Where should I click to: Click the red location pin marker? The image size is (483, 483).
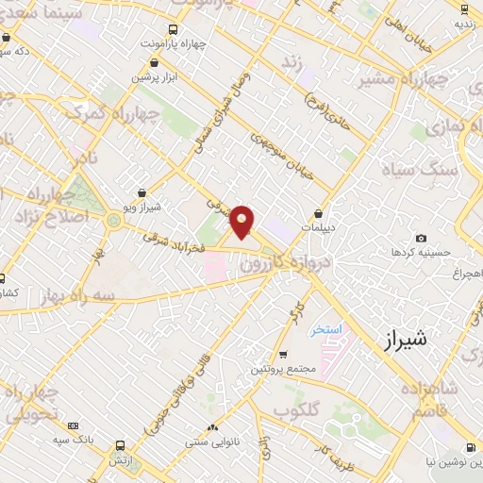coord(242,222)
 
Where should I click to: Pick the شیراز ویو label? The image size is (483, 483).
coord(142,206)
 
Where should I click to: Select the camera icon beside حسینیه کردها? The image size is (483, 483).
coord(421,238)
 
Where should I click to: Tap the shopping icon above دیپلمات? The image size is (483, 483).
coord(319,214)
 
